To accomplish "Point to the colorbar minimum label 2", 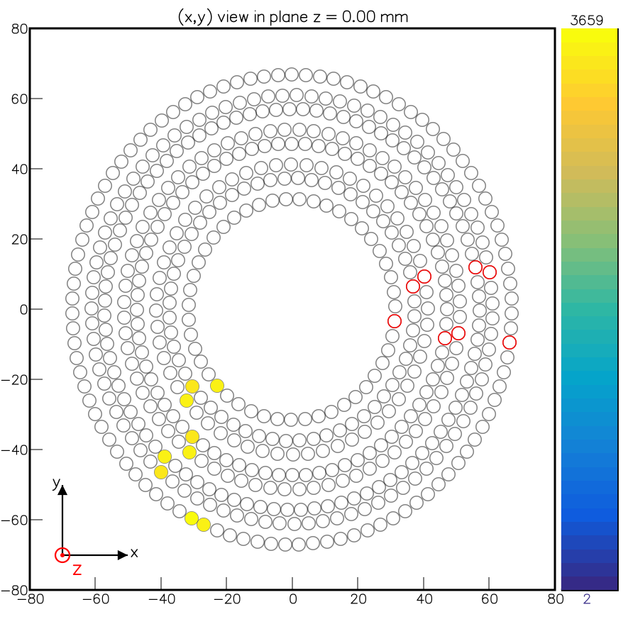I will coord(586,599).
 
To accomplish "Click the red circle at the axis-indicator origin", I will coord(62,554).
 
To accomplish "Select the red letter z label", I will coord(77,569).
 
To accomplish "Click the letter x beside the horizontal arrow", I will coord(134,552).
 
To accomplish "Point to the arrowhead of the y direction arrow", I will coord(62,489).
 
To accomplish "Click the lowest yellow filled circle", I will coord(204,525).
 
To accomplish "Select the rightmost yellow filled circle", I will coord(217,386).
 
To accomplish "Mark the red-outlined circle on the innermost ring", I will coord(395,321).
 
